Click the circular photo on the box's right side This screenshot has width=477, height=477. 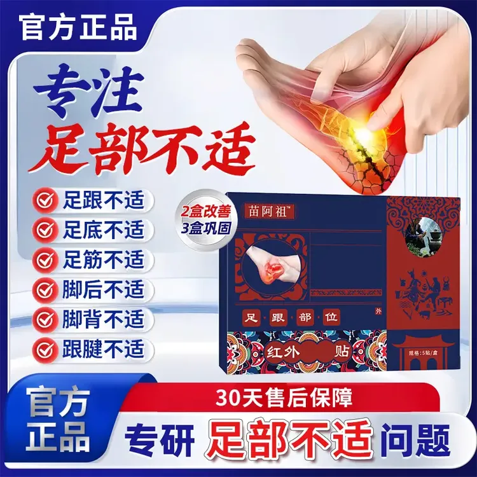(422, 231)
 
